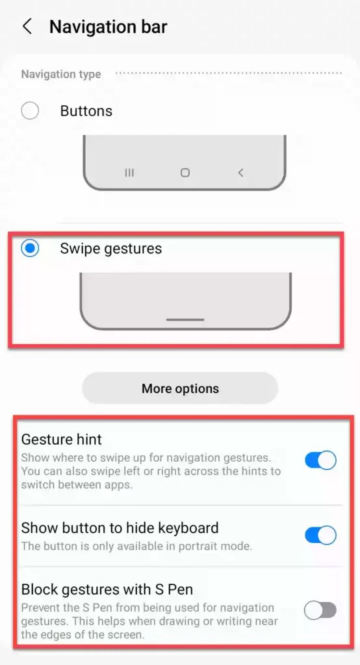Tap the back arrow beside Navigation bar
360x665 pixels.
[x=27, y=27]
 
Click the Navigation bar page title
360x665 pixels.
[x=108, y=27]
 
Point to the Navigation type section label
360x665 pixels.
[x=61, y=74]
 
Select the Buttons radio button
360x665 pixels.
[x=30, y=111]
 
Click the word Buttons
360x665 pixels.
[x=86, y=111]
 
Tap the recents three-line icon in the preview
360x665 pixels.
[x=129, y=173]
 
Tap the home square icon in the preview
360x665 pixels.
[x=185, y=173]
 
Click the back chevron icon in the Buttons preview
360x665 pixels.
[x=240, y=173]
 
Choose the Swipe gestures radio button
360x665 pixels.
[x=30, y=248]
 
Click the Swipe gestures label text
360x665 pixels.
[x=111, y=248]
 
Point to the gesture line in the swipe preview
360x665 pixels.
[x=185, y=320]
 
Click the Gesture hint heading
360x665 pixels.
[x=62, y=440]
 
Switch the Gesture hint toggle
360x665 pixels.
[x=320, y=460]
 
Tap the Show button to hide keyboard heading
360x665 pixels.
[x=120, y=527]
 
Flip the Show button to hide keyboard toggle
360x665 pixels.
[x=320, y=535]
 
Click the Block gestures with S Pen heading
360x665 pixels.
[x=107, y=590]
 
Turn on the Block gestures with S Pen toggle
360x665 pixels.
[x=320, y=610]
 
